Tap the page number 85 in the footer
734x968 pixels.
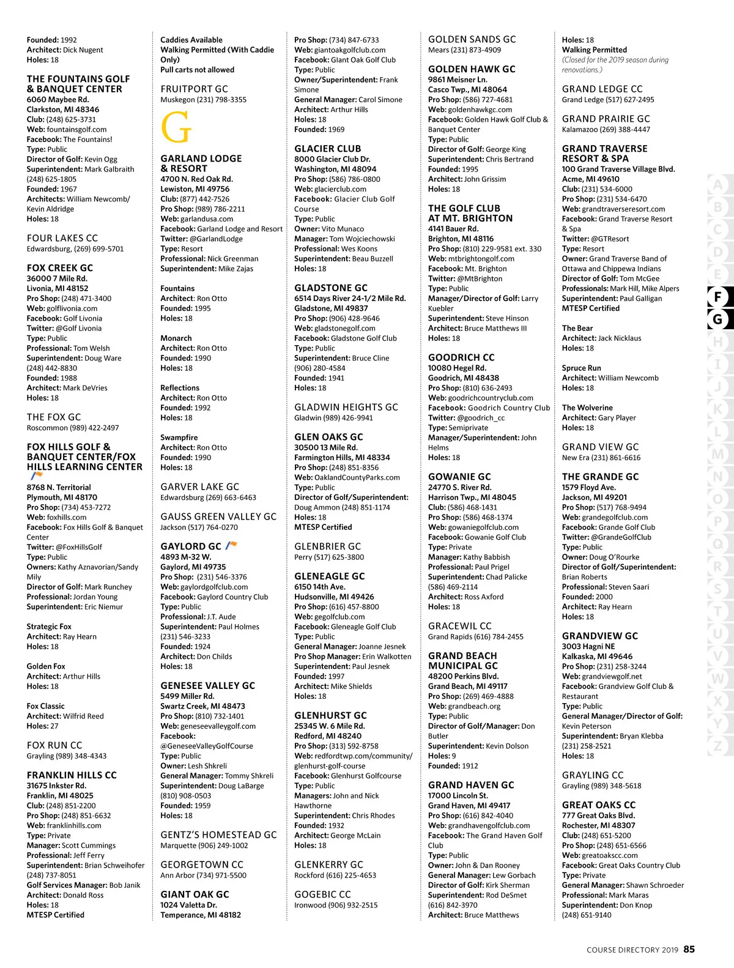[x=689, y=949]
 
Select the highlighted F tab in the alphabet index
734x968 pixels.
[x=717, y=297]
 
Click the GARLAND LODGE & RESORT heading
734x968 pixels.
[x=201, y=163]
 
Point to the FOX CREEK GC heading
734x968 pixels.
[x=60, y=268]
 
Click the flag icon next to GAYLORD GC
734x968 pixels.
[x=231, y=545]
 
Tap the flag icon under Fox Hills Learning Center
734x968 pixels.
[x=35, y=475]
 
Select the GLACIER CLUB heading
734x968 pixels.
[x=328, y=149]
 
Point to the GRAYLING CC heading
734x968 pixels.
[x=593, y=775]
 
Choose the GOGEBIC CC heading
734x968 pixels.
[x=322, y=894]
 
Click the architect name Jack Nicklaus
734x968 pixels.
[x=620, y=338]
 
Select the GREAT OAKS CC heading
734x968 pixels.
[x=599, y=805]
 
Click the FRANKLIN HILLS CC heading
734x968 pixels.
[x=72, y=775]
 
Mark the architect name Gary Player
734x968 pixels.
[x=617, y=417]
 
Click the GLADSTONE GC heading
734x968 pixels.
[x=331, y=288]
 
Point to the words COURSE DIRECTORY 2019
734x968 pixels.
[x=632, y=950]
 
